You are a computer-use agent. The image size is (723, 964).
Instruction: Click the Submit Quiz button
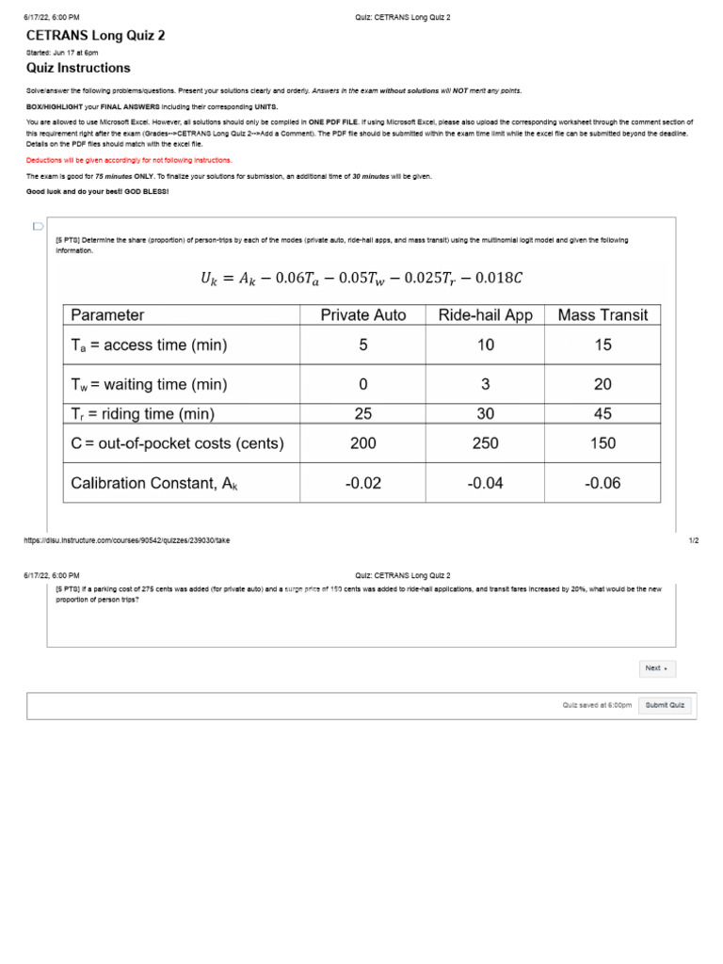point(665,705)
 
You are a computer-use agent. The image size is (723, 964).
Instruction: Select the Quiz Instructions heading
point(78,69)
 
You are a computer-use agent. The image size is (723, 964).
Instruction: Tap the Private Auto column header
point(362,315)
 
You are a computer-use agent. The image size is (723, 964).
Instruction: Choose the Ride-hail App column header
point(485,315)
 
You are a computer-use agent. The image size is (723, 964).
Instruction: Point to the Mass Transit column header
point(602,315)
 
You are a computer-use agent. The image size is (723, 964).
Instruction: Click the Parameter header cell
point(107,315)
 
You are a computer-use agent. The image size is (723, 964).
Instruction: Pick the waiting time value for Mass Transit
point(602,384)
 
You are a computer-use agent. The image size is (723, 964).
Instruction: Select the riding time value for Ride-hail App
point(485,414)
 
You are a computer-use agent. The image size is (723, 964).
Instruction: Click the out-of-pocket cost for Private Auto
point(362,443)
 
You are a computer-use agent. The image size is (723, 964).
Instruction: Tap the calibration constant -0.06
point(602,484)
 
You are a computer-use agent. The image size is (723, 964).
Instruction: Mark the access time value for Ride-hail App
point(485,345)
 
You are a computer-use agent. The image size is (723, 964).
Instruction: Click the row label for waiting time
point(149,384)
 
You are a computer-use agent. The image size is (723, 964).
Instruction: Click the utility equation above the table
point(361,277)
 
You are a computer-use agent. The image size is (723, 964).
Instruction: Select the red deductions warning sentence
point(129,160)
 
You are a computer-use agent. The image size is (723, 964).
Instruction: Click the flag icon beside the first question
point(38,227)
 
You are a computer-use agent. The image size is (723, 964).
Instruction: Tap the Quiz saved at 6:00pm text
point(597,705)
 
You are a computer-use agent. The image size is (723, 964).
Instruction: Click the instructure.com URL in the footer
point(128,540)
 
